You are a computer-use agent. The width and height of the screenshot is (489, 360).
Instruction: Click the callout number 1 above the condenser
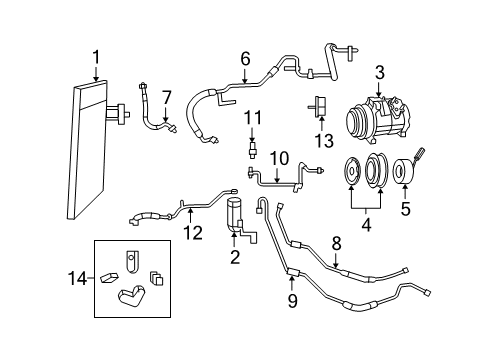(96, 57)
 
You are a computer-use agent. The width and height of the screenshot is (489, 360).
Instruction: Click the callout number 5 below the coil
(405, 209)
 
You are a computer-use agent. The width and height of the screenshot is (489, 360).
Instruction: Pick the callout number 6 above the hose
(245, 59)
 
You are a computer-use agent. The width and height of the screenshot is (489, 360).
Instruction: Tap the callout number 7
(166, 97)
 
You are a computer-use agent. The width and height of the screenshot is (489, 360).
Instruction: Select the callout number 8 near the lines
(336, 243)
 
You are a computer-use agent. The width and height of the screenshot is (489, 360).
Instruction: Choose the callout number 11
(252, 120)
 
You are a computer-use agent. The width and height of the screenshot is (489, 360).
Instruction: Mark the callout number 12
(192, 233)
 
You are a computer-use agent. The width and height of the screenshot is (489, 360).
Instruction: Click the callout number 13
(323, 137)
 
